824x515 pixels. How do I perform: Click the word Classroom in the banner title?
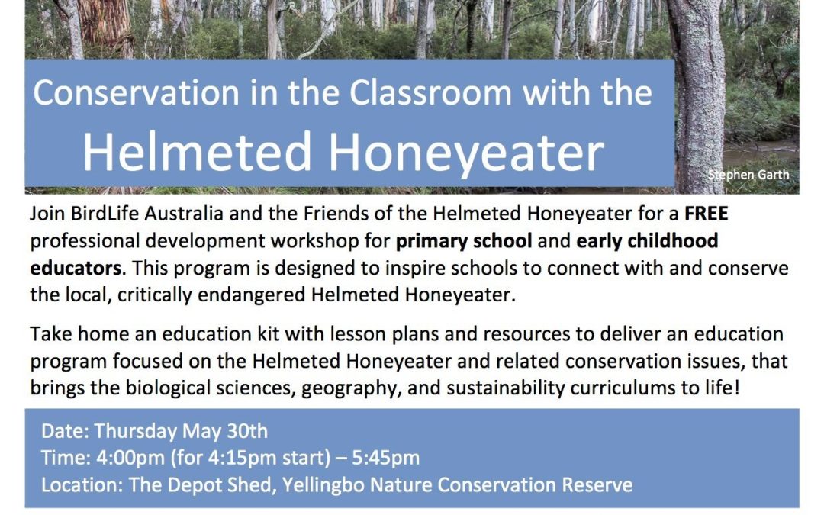coord(430,93)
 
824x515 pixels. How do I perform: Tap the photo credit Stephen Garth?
coord(748,175)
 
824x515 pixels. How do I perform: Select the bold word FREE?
coord(707,214)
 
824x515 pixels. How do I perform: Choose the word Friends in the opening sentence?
coord(334,214)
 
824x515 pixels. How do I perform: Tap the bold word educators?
coord(76,268)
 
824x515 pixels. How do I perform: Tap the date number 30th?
coord(246,431)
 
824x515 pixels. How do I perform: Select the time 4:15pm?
coord(243,459)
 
